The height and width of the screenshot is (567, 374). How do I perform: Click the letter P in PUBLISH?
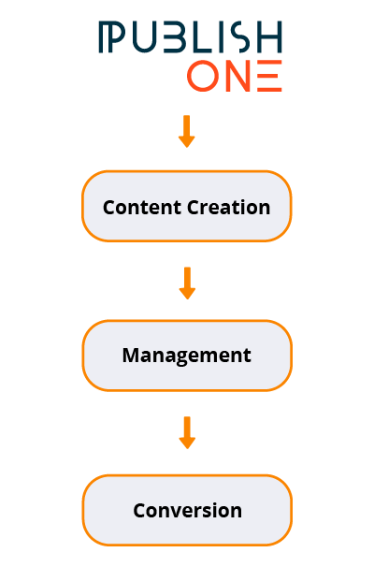(x=112, y=36)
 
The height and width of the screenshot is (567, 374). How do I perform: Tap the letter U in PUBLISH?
(x=144, y=36)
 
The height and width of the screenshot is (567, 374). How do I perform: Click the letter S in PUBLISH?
(x=240, y=36)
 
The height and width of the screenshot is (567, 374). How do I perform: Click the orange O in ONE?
(x=203, y=76)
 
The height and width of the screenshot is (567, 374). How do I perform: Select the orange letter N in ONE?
(x=238, y=76)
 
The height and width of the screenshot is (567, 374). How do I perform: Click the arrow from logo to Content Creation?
(x=187, y=131)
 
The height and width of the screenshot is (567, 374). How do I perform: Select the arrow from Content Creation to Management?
(x=187, y=283)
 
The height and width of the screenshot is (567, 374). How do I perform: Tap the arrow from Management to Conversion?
(x=187, y=433)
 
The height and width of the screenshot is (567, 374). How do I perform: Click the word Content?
(x=142, y=208)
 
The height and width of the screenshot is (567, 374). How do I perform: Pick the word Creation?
(x=229, y=208)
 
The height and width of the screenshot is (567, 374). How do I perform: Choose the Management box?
(x=187, y=356)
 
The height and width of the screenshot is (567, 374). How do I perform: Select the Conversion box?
(x=187, y=510)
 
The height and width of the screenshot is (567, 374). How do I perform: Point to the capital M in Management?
(x=131, y=356)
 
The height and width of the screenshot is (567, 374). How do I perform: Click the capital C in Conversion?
(x=139, y=511)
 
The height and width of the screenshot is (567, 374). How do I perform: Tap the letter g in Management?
(x=189, y=357)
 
